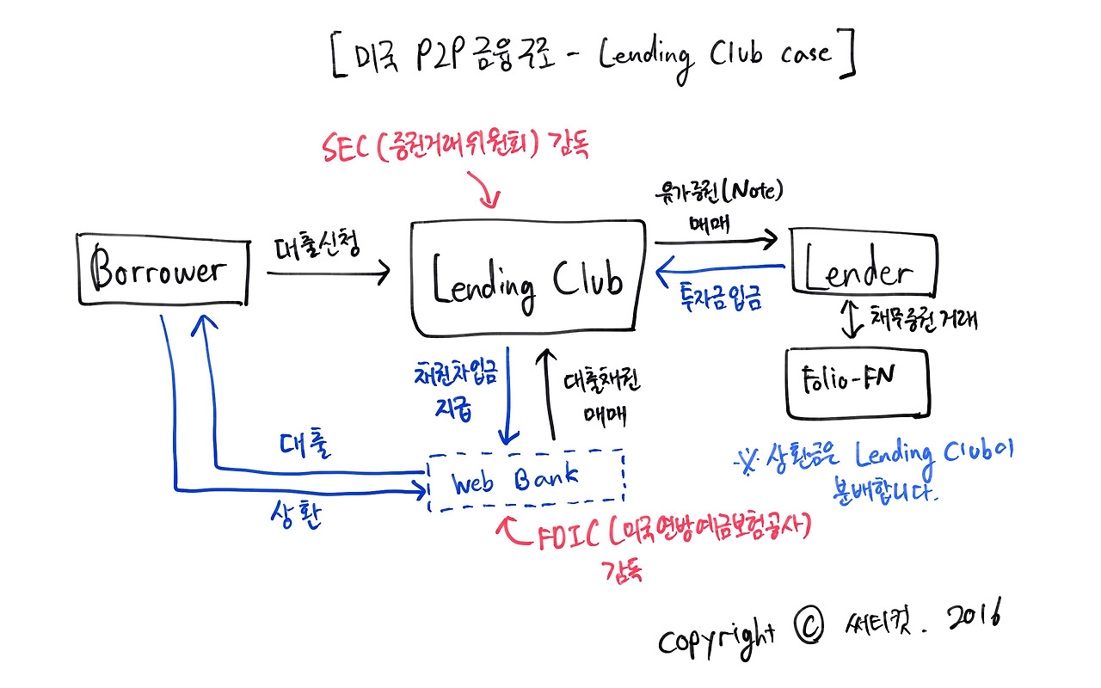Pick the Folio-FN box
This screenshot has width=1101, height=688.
click(x=857, y=382)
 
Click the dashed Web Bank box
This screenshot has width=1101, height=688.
click(x=526, y=479)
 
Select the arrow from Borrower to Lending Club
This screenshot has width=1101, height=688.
click(x=327, y=273)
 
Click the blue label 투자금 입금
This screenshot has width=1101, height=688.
click(x=719, y=300)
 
